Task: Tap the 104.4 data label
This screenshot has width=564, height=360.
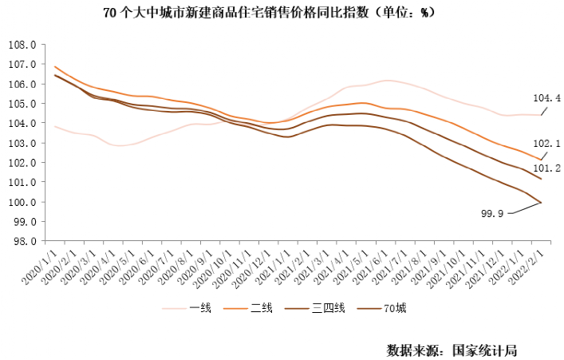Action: click(547, 98)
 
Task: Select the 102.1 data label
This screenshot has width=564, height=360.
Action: click(547, 144)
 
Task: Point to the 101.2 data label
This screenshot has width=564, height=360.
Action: click(547, 168)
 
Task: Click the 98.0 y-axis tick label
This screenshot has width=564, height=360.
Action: click(26, 241)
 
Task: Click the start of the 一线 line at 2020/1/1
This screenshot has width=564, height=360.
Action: click(54, 126)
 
